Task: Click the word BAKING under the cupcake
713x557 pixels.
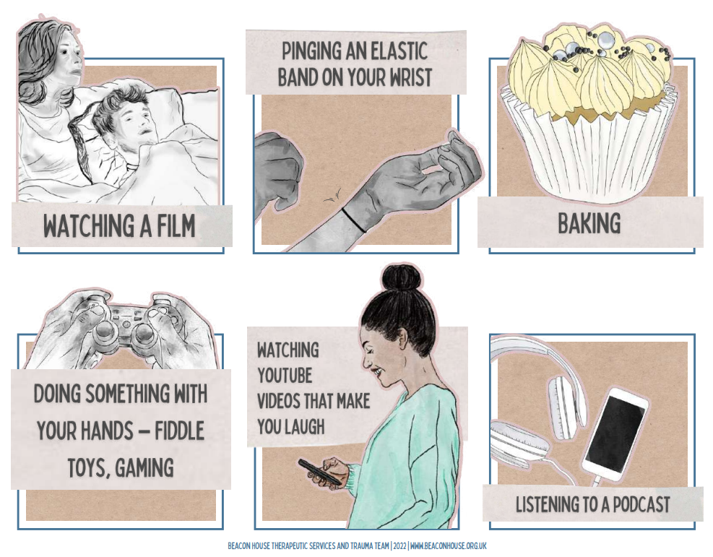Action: click(589, 224)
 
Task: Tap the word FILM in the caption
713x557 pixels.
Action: click(173, 226)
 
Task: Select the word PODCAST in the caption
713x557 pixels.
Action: click(641, 505)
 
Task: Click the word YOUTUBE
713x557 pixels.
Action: click(285, 376)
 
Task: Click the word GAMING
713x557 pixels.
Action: click(144, 468)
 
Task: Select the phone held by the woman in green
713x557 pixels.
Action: click(319, 473)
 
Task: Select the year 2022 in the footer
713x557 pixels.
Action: click(399, 545)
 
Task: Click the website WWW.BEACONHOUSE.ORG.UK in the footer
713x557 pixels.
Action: click(449, 545)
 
